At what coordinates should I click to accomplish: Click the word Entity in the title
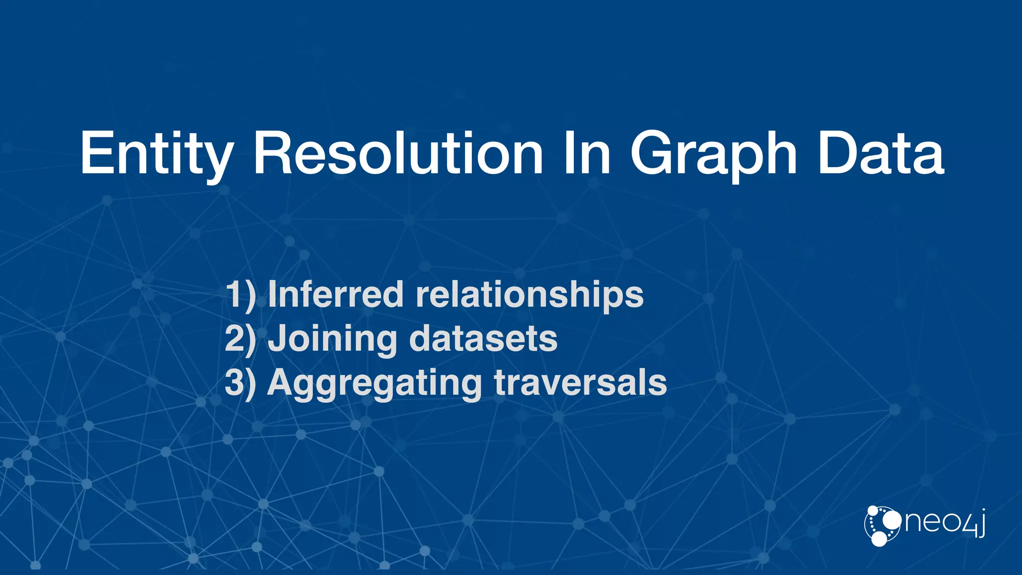(x=156, y=154)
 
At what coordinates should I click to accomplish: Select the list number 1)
(x=240, y=294)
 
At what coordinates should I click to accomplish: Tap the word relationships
(x=529, y=294)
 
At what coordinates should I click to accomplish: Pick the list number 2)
(x=240, y=338)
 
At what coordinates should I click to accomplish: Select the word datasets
(x=483, y=338)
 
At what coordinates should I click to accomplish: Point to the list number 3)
(x=240, y=382)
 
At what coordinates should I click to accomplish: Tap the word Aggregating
(x=374, y=383)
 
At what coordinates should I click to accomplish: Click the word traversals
(x=580, y=382)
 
